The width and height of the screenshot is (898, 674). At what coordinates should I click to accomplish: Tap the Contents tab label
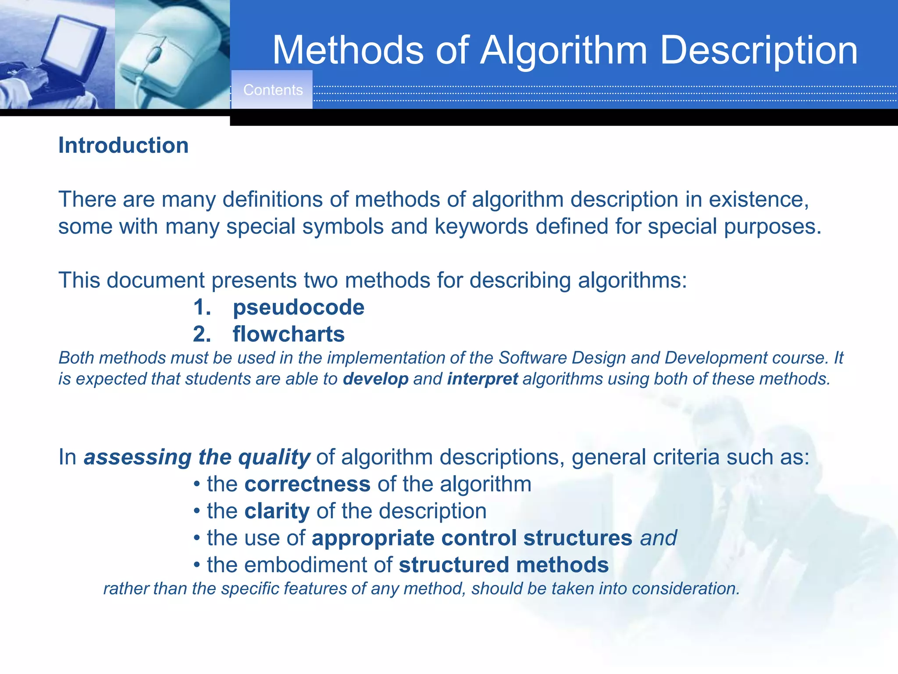[273, 90]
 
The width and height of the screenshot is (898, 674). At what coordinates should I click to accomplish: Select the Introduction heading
[123, 145]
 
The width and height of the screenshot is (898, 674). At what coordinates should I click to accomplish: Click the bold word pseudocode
[298, 307]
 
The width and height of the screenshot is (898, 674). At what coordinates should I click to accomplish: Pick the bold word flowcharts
[289, 334]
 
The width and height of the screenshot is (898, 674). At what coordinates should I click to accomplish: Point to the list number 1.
[202, 307]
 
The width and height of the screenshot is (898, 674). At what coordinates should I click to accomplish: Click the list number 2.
[202, 334]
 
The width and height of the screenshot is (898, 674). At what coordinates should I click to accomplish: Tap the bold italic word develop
[375, 379]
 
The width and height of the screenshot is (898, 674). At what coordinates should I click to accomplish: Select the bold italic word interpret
[482, 379]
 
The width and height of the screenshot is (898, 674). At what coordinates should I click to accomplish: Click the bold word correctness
[307, 484]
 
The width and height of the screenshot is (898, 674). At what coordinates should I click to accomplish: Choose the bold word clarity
[277, 511]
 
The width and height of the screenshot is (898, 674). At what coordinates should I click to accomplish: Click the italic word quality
[274, 457]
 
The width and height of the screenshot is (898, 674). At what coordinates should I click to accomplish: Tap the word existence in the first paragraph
[759, 200]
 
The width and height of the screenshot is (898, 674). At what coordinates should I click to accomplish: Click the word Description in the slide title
[758, 50]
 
